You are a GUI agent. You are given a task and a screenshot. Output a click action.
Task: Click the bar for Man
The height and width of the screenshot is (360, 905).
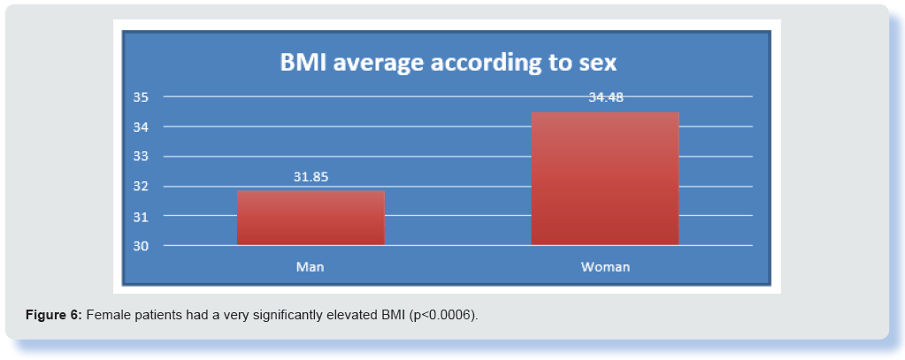(311, 218)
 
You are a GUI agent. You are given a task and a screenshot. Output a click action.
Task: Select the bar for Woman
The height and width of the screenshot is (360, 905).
(605, 179)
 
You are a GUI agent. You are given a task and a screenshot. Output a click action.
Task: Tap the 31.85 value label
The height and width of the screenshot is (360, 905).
(311, 177)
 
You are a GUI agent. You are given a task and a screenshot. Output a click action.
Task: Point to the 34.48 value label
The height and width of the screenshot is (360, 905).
(606, 97)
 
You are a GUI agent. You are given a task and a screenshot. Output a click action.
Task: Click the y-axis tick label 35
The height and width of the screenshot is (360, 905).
(141, 97)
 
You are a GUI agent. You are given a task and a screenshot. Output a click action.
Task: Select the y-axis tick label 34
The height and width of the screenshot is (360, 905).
(141, 126)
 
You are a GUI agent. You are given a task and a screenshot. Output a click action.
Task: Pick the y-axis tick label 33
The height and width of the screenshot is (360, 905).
(141, 157)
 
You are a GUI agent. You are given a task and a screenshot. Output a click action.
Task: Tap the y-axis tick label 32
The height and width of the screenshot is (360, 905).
(141, 187)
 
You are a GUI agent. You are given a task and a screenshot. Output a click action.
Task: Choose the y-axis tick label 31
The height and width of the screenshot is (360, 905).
(141, 217)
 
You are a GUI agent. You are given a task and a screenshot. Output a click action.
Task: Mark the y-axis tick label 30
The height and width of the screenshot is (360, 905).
(141, 246)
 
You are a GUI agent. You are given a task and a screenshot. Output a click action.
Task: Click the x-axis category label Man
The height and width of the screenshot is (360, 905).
(310, 267)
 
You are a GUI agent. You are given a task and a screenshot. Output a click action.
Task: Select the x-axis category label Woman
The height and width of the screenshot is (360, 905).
(605, 267)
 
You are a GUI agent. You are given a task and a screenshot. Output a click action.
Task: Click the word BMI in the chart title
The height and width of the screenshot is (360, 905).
(303, 63)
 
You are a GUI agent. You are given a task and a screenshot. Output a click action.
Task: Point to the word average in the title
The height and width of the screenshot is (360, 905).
(380, 65)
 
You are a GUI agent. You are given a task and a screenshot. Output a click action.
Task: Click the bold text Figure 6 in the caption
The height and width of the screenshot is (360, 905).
(55, 316)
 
